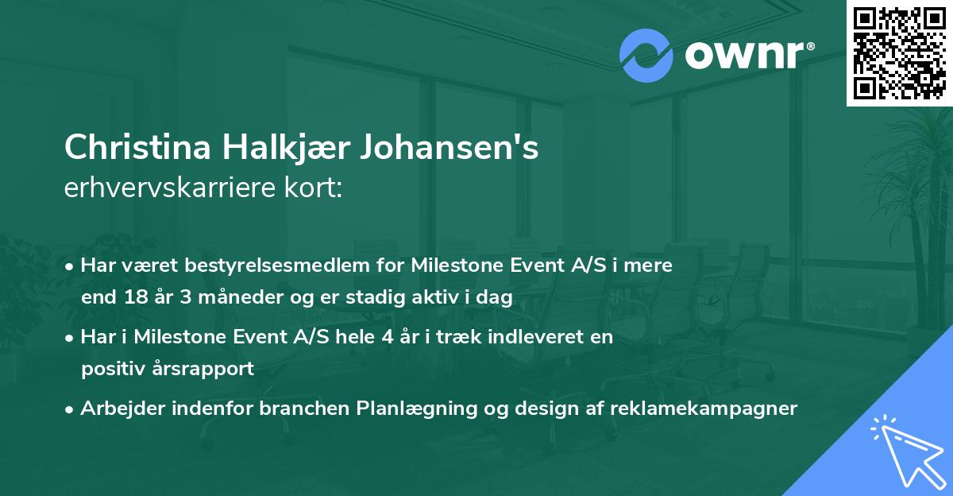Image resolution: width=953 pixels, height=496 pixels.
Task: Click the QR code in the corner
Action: (x=899, y=53)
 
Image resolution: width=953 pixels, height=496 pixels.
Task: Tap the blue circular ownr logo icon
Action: (x=646, y=56)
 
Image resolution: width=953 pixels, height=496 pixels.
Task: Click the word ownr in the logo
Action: (x=743, y=56)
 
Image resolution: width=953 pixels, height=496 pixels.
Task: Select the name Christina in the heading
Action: (x=140, y=149)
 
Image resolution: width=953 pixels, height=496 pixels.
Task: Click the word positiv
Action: (x=113, y=369)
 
